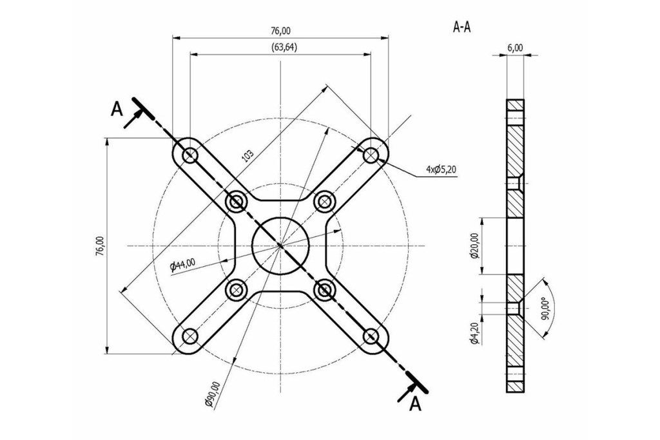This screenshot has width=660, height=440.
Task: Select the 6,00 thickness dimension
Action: pyautogui.click(x=515, y=48)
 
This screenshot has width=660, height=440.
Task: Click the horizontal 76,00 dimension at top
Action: pyautogui.click(x=280, y=30)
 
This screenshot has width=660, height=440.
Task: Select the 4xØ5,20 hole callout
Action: pyautogui.click(x=442, y=169)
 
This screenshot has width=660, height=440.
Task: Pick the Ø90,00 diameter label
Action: pyautogui.click(x=212, y=394)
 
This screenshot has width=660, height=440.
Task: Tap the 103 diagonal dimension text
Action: pyautogui.click(x=246, y=155)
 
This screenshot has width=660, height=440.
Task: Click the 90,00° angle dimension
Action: pyautogui.click(x=545, y=309)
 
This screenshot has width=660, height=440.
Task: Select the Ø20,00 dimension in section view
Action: pyautogui.click(x=474, y=246)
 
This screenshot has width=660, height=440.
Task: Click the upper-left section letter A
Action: pyautogui.click(x=116, y=109)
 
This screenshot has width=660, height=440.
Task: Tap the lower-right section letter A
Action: pyautogui.click(x=416, y=403)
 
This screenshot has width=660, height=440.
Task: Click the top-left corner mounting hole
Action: pyautogui.click(x=189, y=155)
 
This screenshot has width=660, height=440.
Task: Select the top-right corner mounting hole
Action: pyautogui.click(x=371, y=155)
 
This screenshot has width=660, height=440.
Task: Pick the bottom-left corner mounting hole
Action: pyautogui.click(x=189, y=336)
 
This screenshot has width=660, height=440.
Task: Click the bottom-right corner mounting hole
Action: pyautogui.click(x=371, y=336)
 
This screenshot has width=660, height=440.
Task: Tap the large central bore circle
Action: pyautogui.click(x=280, y=245)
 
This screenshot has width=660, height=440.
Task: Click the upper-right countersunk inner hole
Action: pyautogui.click(x=325, y=202)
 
